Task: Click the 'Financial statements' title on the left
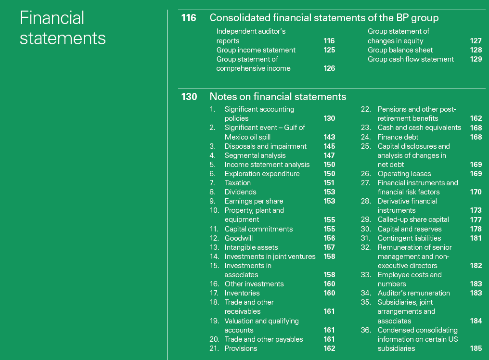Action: point(63,27)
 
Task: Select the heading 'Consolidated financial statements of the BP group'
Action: point(324,18)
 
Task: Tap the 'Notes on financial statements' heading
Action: point(278,97)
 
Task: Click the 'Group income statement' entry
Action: point(256,50)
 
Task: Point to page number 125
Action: point(329,50)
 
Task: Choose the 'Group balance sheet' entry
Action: point(400,50)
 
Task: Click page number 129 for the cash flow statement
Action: point(476,59)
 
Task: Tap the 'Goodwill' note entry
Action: point(238,238)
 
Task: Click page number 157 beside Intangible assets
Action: point(329,247)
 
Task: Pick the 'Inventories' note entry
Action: point(242,293)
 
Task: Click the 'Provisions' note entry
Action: point(241,348)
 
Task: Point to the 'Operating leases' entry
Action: point(404,174)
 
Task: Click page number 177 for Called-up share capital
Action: point(476,220)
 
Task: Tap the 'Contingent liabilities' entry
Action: point(409,238)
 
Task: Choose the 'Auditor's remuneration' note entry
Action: point(413,293)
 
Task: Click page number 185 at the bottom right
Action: point(476,348)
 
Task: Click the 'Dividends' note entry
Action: point(240,192)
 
